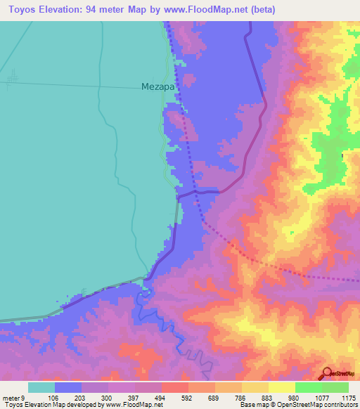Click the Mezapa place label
click(157, 87)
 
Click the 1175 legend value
click(349, 397)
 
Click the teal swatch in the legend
click(41, 387)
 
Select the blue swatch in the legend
click(68, 387)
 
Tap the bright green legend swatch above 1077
click(309, 387)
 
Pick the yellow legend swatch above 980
click(282, 387)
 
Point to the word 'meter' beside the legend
click(12, 397)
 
